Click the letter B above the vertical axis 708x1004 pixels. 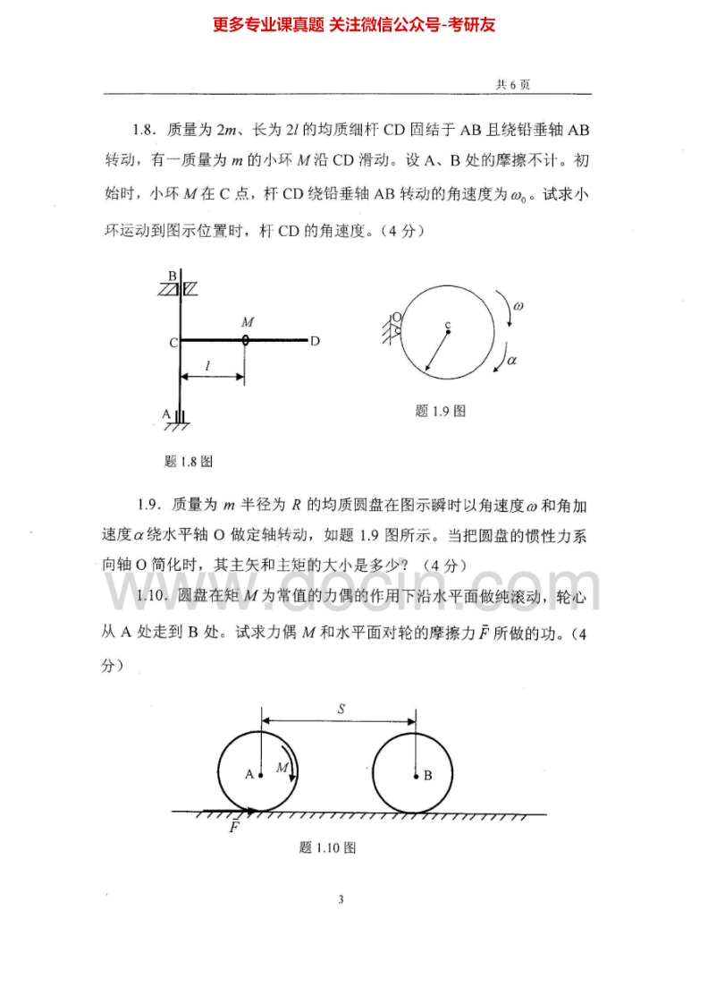click(173, 277)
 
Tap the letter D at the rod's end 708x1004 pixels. click(316, 341)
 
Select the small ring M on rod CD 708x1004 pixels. click(246, 340)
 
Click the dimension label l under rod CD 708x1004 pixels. click(208, 364)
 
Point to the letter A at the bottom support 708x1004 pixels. click(165, 413)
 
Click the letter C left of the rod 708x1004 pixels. click(172, 342)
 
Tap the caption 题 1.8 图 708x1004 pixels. click(188, 462)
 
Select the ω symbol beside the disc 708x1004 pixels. click(518, 306)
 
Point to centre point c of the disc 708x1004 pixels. click(448, 330)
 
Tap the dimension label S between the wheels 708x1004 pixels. click(341, 709)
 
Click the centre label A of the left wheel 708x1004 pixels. click(249, 775)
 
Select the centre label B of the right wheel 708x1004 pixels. click(427, 776)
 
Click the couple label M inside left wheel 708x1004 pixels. click(282, 768)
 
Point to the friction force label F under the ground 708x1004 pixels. click(234, 828)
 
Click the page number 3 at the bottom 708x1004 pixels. click(341, 899)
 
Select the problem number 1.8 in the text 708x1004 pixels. click(147, 131)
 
